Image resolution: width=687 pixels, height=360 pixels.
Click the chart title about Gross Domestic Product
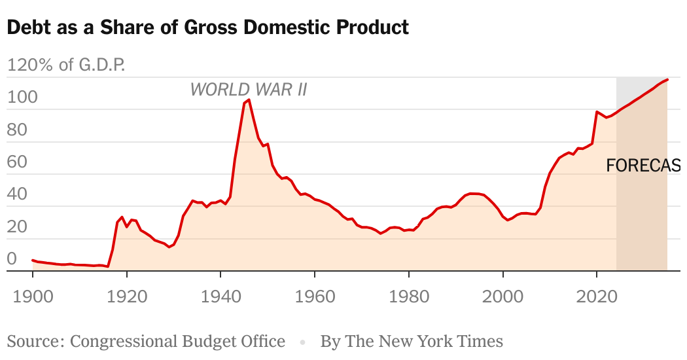(207, 27)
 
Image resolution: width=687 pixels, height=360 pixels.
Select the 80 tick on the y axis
(17, 130)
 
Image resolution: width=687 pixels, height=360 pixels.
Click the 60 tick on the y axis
(17, 162)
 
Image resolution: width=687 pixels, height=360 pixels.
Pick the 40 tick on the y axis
(17, 194)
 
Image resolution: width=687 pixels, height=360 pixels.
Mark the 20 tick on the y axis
(17, 226)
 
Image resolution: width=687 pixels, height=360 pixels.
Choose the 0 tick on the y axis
(12, 259)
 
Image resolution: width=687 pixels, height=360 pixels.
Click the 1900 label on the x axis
(33, 295)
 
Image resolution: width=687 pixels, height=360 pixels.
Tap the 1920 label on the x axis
(127, 295)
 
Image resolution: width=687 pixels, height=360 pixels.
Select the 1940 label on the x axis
(220, 295)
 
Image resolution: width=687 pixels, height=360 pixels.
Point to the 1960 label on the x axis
(315, 295)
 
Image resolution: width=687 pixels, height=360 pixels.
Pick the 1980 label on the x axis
(408, 295)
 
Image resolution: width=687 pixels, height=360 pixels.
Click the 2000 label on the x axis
(502, 295)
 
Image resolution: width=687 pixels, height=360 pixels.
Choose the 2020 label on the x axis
(596, 295)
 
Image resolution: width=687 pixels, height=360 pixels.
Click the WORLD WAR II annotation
(249, 89)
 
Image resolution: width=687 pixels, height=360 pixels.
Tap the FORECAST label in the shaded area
(644, 166)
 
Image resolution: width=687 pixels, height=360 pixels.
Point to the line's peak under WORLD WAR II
(249, 100)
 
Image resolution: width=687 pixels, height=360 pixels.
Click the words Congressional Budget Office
(177, 341)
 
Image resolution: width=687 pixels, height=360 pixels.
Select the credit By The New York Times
(412, 341)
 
